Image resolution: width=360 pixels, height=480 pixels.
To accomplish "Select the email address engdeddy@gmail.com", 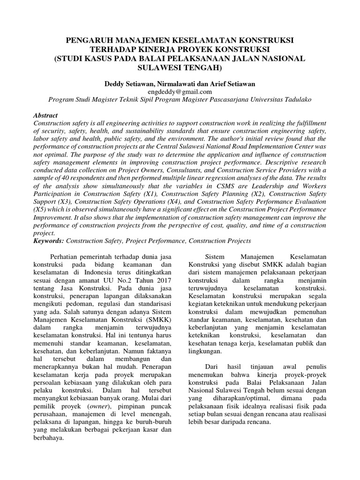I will tap(180, 91).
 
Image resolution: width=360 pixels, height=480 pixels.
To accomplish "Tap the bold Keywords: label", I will tap(49, 240).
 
